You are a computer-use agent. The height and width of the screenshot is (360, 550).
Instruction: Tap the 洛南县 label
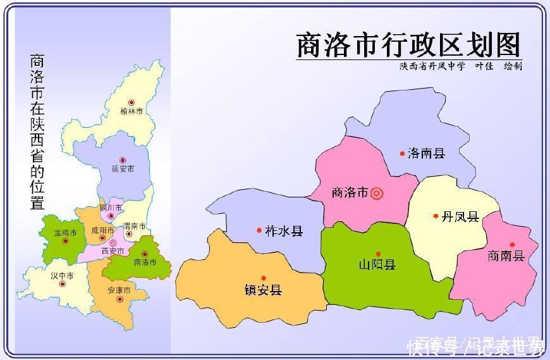[427, 153]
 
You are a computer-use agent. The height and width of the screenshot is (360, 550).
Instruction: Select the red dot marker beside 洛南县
[402, 153]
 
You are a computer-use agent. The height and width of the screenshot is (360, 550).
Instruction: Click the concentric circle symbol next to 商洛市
[377, 193]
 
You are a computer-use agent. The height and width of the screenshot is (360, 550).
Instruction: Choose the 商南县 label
[506, 256]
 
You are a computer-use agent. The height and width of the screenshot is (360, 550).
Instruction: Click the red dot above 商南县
[512, 244]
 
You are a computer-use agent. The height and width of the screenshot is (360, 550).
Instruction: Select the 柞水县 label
[284, 231]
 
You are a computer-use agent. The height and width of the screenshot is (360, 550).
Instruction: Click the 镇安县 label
[263, 290]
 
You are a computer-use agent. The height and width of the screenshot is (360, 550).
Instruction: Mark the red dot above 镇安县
[263, 278]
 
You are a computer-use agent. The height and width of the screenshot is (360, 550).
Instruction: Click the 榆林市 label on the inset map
[131, 111]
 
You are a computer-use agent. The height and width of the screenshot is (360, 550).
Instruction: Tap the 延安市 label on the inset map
[123, 169]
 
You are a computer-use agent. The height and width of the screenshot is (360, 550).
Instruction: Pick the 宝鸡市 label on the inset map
[65, 233]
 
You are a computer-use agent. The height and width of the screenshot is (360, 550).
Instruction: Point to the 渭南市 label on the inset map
[135, 226]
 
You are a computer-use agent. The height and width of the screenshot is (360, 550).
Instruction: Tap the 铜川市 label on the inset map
[111, 208]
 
